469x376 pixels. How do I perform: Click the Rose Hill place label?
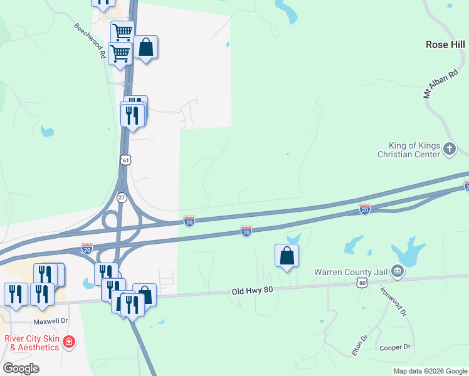coord(446,45)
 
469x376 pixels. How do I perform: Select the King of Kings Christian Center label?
coord(409,149)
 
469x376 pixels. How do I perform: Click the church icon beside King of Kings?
coord(449,149)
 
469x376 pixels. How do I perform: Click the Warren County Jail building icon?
coord(397,271)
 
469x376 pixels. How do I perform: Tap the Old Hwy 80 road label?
coord(252,291)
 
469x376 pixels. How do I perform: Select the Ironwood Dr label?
coord(394,301)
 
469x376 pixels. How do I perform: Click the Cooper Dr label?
coord(394,347)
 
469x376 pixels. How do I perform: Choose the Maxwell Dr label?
coord(50,321)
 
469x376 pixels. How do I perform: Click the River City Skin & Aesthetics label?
coord(32,343)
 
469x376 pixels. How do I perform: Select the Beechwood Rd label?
coord(89,41)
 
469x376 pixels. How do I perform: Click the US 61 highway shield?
coord(126,160)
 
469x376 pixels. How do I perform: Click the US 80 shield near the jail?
coord(362,283)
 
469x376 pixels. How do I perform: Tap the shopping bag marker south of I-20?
coord(287,256)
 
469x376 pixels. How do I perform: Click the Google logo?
coord(21,368)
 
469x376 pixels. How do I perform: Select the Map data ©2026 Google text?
coord(429,371)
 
